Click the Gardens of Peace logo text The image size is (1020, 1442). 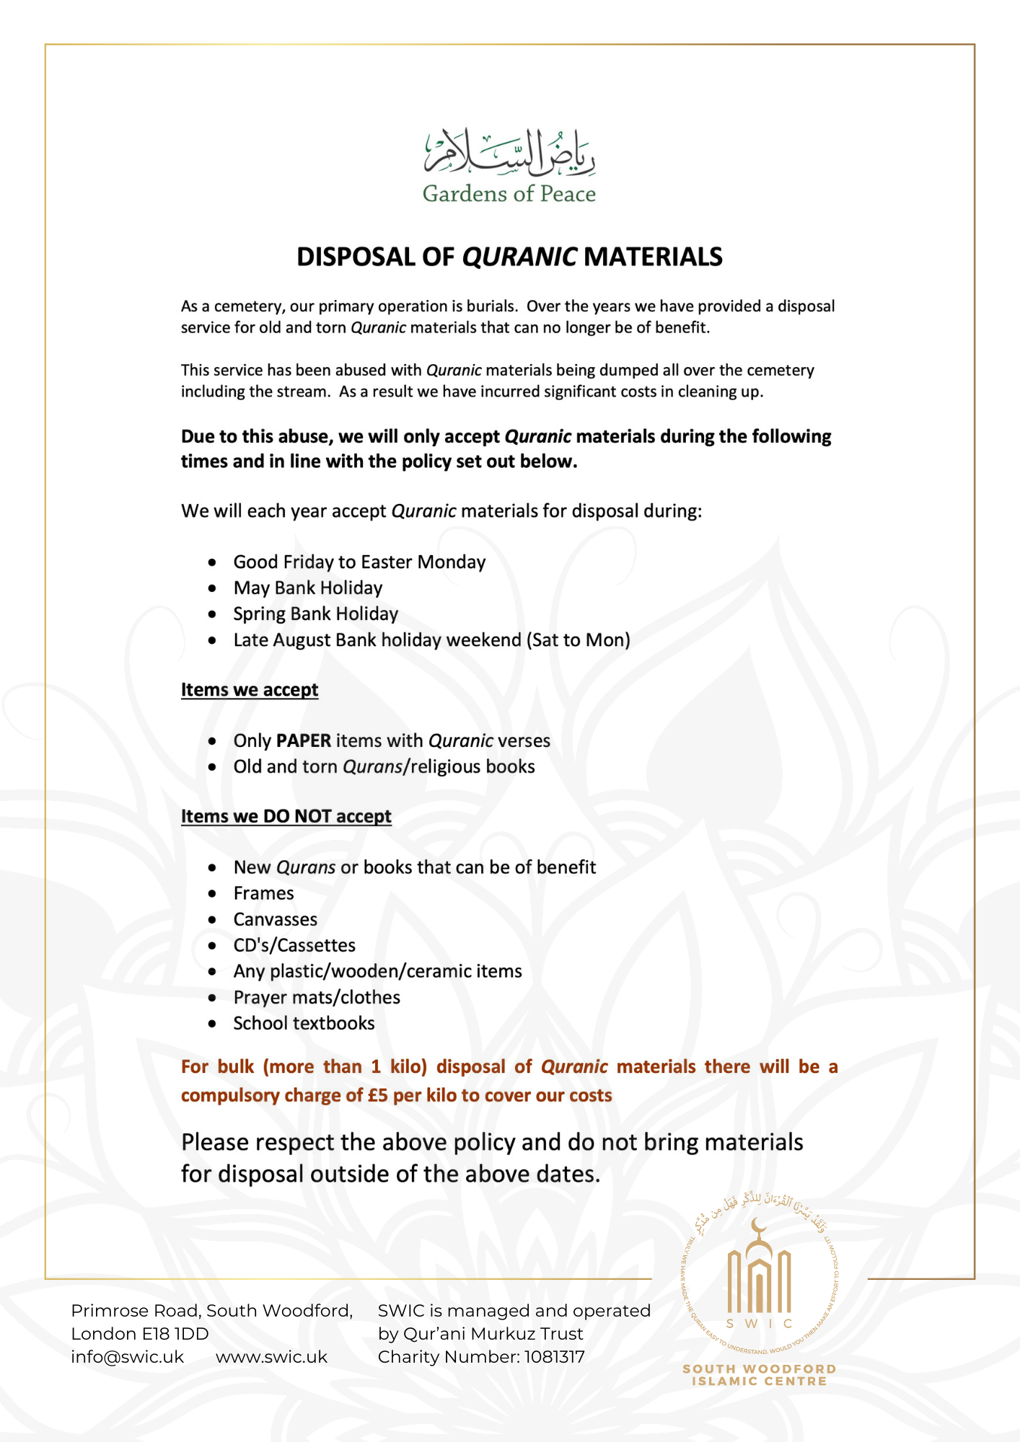click(x=509, y=194)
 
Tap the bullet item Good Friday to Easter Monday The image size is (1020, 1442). click(x=359, y=562)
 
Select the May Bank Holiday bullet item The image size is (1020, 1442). click(x=307, y=588)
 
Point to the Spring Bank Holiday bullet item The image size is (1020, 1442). click(x=315, y=614)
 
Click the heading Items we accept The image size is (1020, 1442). click(x=250, y=690)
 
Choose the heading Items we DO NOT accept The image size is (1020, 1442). click(x=286, y=816)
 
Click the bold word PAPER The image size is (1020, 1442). click(x=304, y=741)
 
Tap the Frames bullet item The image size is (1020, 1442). click(x=263, y=894)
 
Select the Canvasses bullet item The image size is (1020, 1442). click(x=275, y=920)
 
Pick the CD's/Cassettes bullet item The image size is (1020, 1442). click(x=294, y=946)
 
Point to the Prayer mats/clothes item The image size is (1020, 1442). click(x=317, y=998)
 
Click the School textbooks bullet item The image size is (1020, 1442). click(x=304, y=1024)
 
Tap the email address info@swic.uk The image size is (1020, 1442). click(x=127, y=1357)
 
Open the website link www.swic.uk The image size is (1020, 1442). click(x=271, y=1357)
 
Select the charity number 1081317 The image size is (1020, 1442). click(x=554, y=1357)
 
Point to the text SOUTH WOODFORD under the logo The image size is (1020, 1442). click(x=759, y=1368)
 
